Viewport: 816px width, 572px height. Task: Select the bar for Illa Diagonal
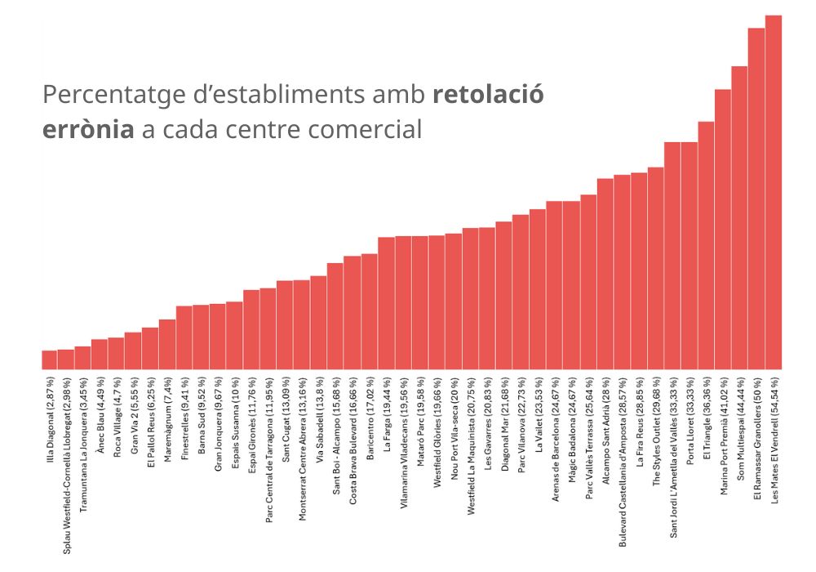[50, 360]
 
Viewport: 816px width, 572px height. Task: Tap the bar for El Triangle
[707, 245]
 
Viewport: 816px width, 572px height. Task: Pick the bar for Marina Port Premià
[723, 229]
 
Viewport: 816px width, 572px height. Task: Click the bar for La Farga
[387, 302]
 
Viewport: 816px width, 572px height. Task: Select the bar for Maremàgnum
[167, 344]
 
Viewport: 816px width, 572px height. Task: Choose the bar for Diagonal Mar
[504, 295]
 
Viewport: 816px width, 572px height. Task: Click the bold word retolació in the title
[488, 95]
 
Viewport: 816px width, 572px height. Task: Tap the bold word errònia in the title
[88, 129]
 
